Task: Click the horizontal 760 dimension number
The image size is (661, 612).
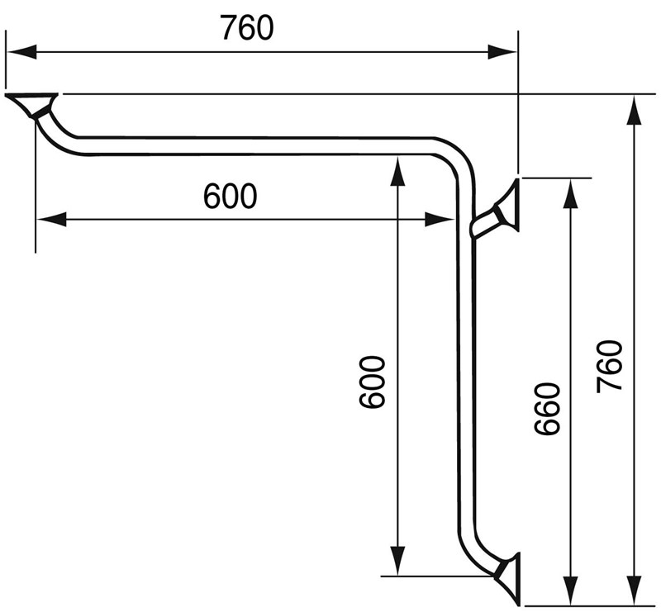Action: click(x=246, y=28)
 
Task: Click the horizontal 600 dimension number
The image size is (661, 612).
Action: click(x=230, y=197)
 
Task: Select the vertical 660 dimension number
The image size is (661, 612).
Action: click(x=547, y=409)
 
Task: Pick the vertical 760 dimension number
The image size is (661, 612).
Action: click(x=610, y=366)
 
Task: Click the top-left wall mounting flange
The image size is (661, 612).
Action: click(x=33, y=104)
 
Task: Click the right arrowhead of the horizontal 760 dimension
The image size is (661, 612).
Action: click(x=505, y=52)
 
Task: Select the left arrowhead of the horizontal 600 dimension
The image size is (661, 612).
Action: click(x=50, y=219)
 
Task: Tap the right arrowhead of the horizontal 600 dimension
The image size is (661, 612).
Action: click(x=439, y=219)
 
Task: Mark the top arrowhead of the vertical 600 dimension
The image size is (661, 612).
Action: click(x=398, y=168)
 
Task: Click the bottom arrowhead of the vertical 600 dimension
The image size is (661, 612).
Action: click(x=398, y=562)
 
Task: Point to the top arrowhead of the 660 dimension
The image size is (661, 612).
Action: click(x=569, y=190)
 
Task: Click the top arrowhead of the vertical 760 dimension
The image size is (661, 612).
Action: click(x=635, y=107)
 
